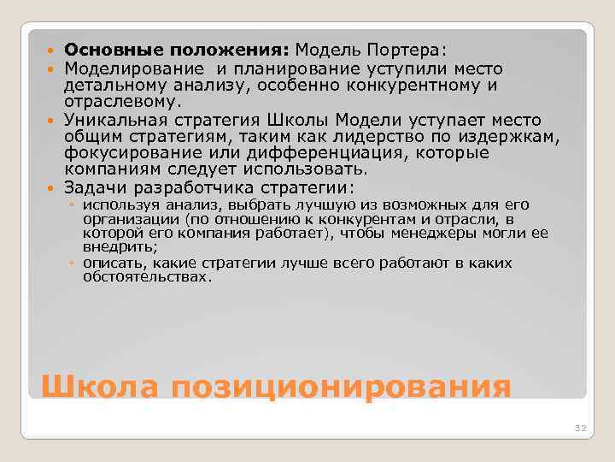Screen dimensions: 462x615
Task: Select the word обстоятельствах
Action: click(146, 277)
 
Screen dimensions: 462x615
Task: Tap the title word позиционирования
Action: click(341, 388)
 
